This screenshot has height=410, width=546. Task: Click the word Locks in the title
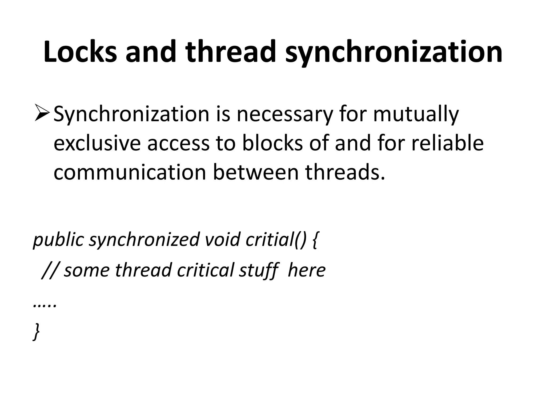(80, 52)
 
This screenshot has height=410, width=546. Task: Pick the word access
(178, 144)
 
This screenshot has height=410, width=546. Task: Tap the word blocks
(272, 143)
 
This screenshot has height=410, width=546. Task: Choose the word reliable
(448, 143)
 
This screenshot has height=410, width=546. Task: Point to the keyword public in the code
(58, 240)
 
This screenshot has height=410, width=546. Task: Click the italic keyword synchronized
(144, 240)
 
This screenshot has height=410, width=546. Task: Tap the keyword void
(223, 239)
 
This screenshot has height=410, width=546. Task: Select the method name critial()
(276, 240)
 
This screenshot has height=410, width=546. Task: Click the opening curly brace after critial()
(315, 240)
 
